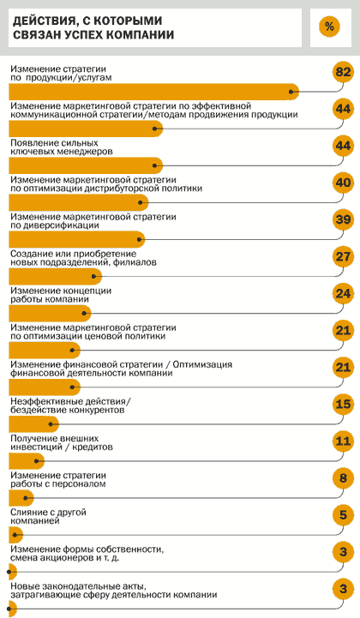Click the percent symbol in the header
click(329, 27)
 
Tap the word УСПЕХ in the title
click(87, 34)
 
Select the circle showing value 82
click(343, 72)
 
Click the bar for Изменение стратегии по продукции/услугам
click(153, 92)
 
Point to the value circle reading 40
click(343, 183)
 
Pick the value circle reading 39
click(343, 219)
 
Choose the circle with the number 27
click(343, 256)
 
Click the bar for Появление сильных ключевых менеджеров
click(86, 165)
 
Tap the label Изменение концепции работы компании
click(61, 295)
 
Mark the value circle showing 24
click(343, 294)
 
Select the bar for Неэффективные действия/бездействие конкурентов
click(33, 424)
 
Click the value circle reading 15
click(343, 405)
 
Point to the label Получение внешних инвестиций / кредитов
click(62, 442)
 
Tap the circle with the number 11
click(343, 441)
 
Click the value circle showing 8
click(343, 478)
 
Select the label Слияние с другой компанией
click(48, 516)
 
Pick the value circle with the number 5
click(343, 515)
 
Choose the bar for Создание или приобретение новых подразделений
click(55, 276)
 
